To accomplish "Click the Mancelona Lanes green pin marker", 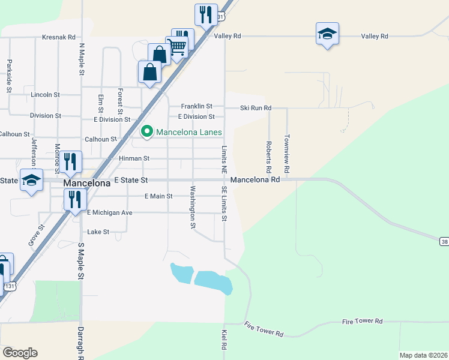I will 146,131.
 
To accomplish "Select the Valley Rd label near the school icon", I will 375,36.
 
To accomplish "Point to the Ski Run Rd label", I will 256,108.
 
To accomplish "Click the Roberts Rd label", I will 269,155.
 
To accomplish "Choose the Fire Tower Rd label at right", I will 362,322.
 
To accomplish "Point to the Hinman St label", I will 134,158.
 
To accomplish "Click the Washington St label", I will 193,208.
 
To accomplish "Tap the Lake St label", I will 98,232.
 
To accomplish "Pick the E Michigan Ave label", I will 109,212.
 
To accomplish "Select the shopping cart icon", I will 176,46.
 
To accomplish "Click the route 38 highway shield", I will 444,241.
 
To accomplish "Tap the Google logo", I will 20,353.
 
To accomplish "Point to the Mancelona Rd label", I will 255,179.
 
